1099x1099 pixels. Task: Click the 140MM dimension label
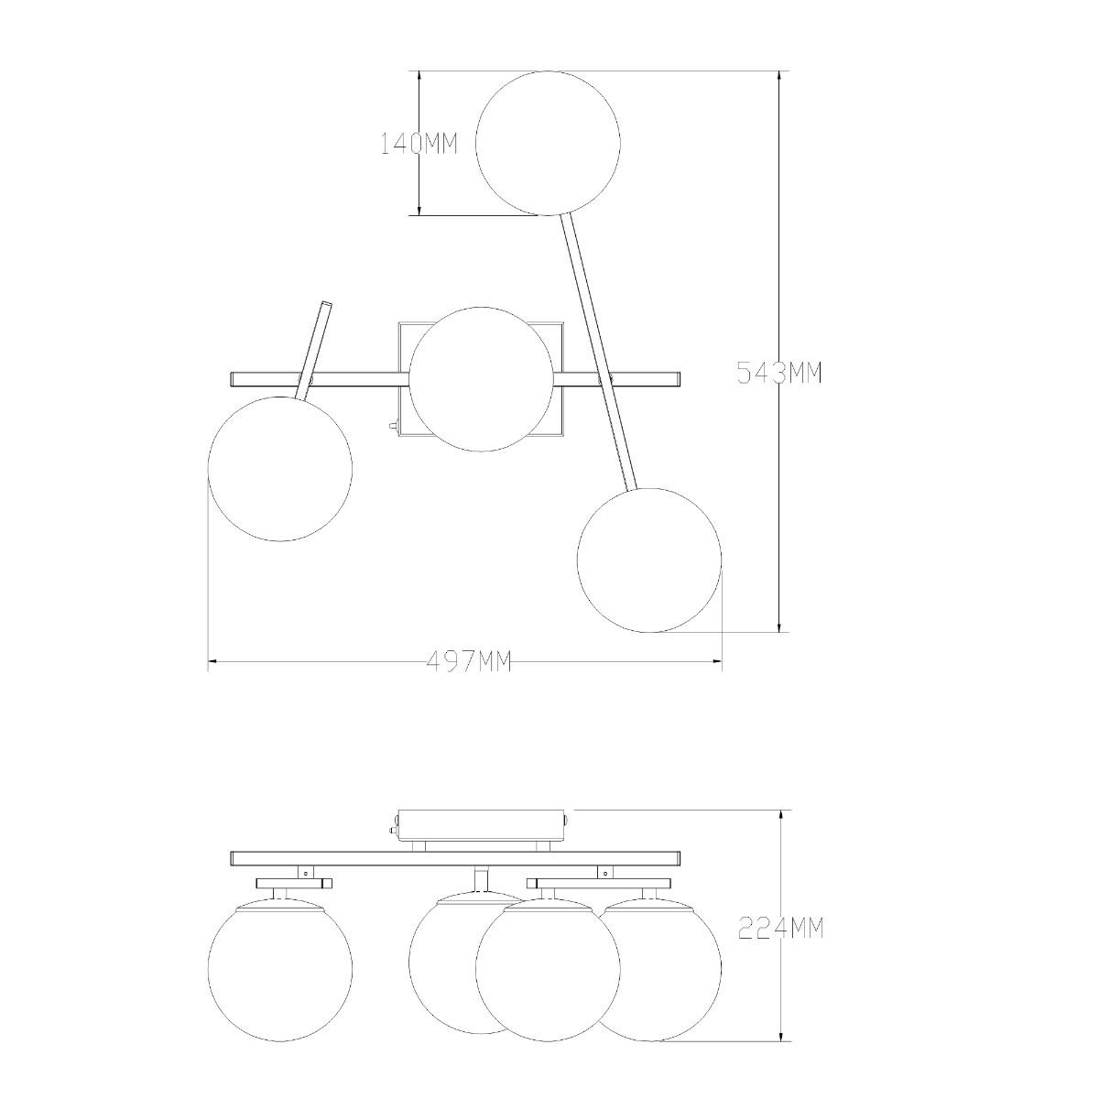[419, 145]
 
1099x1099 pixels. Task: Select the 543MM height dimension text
[779, 373]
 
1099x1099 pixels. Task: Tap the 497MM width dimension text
[469, 661]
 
